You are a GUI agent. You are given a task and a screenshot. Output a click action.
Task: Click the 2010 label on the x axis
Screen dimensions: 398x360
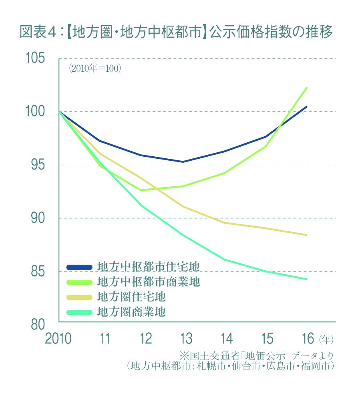tap(58, 339)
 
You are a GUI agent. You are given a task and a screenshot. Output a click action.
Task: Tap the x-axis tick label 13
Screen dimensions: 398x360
tap(186, 339)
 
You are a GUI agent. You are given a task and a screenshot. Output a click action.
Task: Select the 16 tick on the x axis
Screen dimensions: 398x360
tap(307, 339)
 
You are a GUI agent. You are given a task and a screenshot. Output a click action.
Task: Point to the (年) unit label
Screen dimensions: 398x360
tap(326, 339)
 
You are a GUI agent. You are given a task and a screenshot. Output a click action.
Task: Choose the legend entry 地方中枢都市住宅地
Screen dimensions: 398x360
tap(149, 267)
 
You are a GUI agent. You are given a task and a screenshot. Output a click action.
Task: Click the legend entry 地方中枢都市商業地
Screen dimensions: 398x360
tap(149, 282)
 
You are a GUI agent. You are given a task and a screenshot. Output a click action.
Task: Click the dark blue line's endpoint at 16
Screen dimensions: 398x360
tap(307, 107)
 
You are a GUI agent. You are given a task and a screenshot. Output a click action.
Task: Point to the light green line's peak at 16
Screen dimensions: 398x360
tap(307, 87)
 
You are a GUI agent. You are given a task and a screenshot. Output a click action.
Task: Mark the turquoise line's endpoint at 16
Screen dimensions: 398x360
tap(307, 279)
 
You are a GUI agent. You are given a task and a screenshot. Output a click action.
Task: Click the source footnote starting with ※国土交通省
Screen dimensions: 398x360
tap(256, 356)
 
